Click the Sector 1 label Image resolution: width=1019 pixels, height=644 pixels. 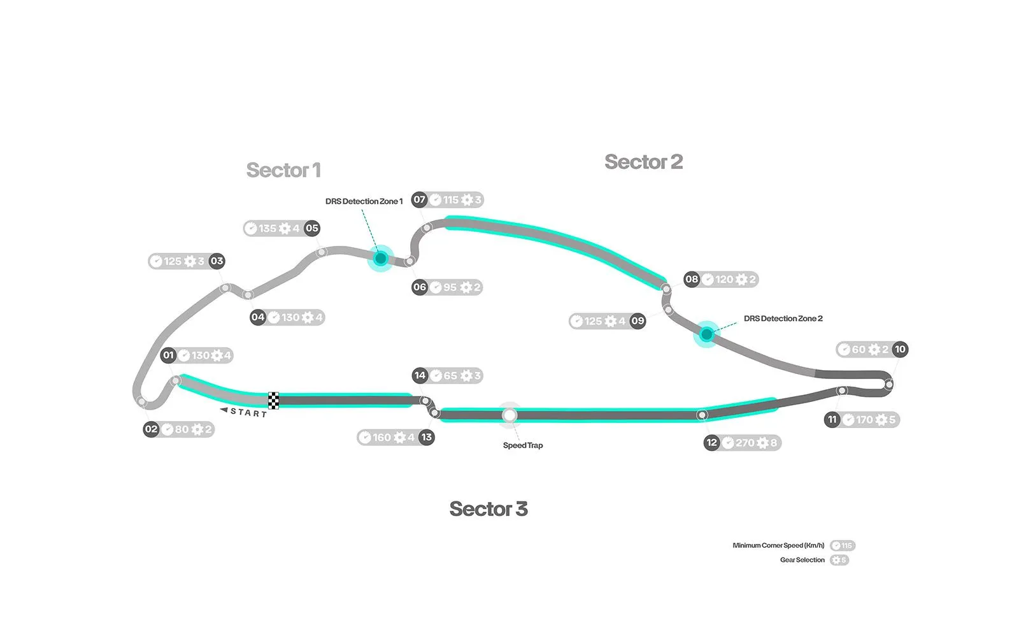pyautogui.click(x=283, y=171)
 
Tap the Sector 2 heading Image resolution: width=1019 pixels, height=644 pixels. pyautogui.click(x=643, y=162)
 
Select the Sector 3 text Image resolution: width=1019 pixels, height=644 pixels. pyautogui.click(x=488, y=509)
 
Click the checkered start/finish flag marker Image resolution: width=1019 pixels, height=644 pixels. pyautogui.click(x=273, y=401)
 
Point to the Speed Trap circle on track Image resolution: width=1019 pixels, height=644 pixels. pyautogui.click(x=509, y=415)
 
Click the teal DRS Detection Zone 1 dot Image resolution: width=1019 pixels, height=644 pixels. pyautogui.click(x=380, y=258)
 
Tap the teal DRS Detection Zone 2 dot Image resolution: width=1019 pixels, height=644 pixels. pyautogui.click(x=706, y=334)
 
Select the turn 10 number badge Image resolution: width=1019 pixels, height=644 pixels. pyautogui.click(x=900, y=349)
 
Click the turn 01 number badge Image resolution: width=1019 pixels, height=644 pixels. pyautogui.click(x=168, y=355)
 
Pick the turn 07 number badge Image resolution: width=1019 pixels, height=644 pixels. pyautogui.click(x=419, y=199)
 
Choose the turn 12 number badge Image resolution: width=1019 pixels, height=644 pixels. pyautogui.click(x=712, y=443)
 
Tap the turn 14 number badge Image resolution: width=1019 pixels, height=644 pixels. pyautogui.click(x=420, y=375)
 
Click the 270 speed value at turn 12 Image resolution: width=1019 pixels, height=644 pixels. pyautogui.click(x=745, y=443)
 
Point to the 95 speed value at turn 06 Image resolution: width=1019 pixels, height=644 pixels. pyautogui.click(x=450, y=287)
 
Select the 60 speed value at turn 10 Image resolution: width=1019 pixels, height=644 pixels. pyautogui.click(x=859, y=349)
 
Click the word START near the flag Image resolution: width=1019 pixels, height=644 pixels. pyautogui.click(x=248, y=413)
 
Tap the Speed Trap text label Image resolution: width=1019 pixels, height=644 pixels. pyautogui.click(x=523, y=445)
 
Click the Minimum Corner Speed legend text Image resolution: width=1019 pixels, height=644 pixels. pyautogui.click(x=778, y=545)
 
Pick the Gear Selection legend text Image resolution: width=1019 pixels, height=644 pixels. pyautogui.click(x=802, y=560)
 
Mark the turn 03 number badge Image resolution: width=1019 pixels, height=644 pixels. pyautogui.click(x=217, y=261)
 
